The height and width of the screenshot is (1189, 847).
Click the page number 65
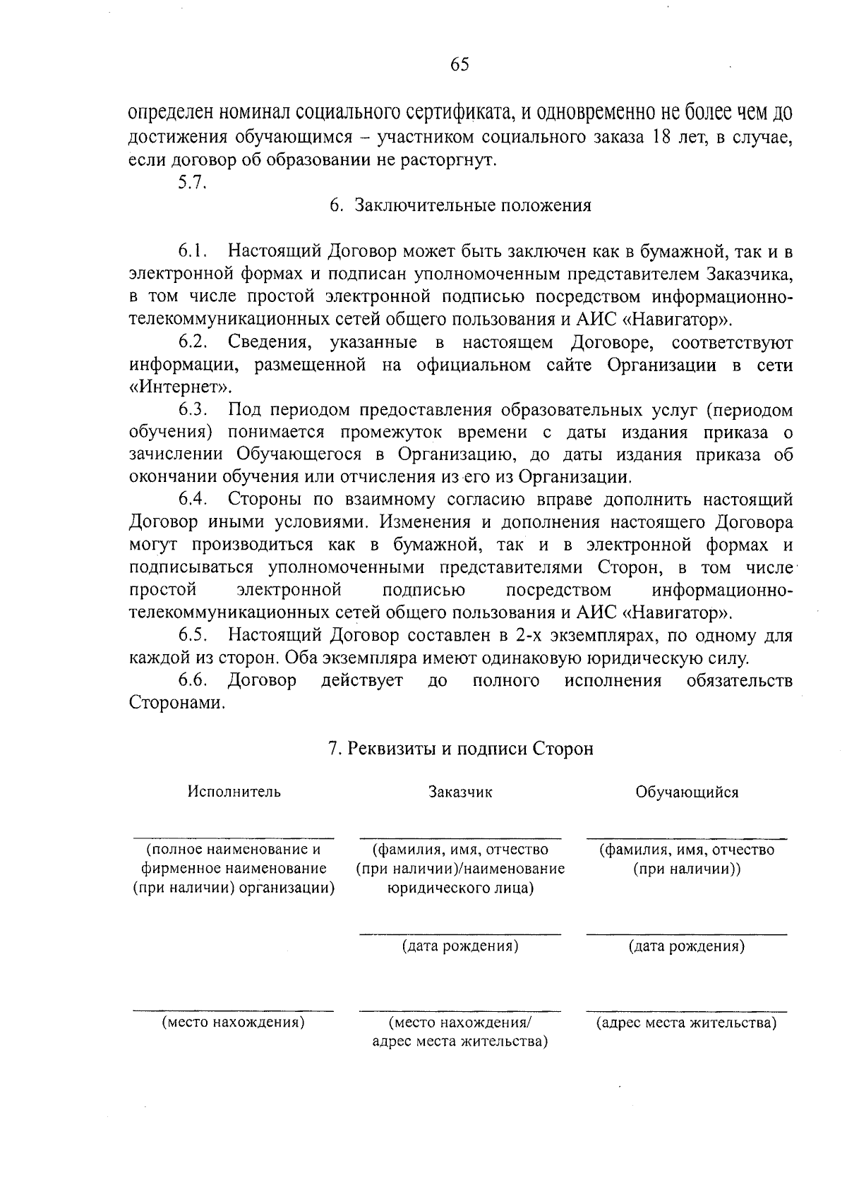coord(459,65)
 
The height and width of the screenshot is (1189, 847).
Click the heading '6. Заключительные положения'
coord(459,206)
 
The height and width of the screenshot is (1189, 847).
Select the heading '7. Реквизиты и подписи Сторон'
coord(461,748)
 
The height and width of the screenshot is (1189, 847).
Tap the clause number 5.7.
coord(191,182)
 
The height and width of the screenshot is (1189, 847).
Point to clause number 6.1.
coord(193,251)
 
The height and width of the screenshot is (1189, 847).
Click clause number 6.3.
coord(193,410)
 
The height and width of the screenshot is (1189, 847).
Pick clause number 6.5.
coord(193,635)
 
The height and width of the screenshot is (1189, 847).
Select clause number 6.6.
coord(193,680)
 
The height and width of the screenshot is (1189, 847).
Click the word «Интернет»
coord(181,387)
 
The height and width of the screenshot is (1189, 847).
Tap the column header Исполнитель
coord(234,792)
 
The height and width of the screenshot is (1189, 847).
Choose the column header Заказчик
coord(460,792)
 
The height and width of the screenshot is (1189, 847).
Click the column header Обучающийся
coord(687,792)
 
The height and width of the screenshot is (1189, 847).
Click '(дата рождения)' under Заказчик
coord(460,946)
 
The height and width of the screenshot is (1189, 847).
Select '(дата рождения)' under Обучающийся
coord(687,946)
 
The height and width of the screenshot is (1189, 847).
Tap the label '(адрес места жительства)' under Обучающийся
coord(687,1023)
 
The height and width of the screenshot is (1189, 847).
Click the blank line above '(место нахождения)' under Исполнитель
coord(234,1010)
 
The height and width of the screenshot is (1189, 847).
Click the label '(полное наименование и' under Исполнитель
coord(234,850)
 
